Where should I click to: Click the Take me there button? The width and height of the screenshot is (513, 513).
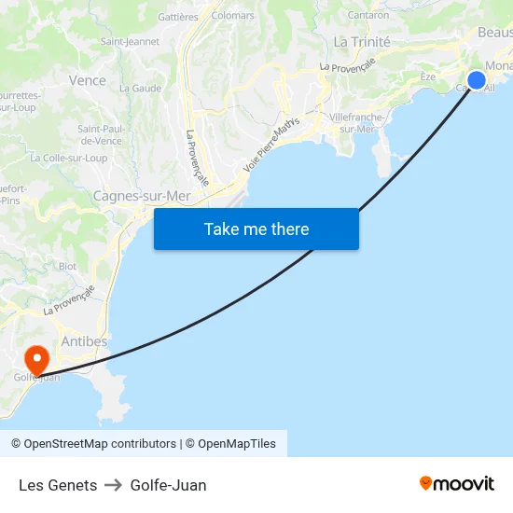[256, 229]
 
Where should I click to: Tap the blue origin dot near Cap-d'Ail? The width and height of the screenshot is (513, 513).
[476, 80]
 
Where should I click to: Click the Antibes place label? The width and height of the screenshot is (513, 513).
[84, 341]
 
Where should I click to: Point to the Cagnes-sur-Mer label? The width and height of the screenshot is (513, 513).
[142, 196]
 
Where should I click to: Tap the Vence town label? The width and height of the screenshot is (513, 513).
[88, 80]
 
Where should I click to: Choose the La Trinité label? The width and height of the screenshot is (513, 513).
[362, 41]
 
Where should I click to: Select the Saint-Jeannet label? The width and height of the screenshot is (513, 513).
[130, 41]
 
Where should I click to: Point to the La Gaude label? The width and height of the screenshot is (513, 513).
[140, 89]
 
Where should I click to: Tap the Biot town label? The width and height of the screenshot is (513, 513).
[67, 266]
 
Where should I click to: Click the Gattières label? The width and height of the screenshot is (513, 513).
[178, 17]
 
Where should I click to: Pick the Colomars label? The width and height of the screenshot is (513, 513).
[233, 16]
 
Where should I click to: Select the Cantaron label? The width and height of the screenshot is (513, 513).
[367, 15]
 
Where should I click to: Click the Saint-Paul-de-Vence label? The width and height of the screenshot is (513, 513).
[100, 134]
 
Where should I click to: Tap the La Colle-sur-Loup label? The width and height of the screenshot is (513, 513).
[68, 159]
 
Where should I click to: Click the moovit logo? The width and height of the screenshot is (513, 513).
[457, 484]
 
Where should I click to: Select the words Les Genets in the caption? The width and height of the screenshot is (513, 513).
[58, 485]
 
